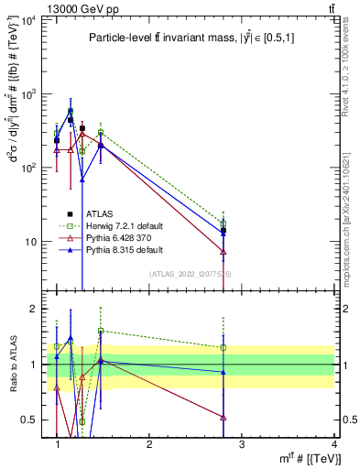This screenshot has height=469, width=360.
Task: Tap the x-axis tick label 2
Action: [x=150, y=444]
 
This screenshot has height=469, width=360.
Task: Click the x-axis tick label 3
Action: [x=242, y=444]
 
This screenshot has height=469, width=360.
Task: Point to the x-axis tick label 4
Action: [x=333, y=444]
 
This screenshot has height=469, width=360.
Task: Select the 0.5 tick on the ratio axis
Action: [x=30, y=420]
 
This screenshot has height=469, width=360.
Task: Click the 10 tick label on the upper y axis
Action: [x=29, y=242]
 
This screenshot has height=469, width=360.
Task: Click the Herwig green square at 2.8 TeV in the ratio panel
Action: [x=224, y=347]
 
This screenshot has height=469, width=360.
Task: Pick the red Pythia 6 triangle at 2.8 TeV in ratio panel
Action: [x=224, y=417]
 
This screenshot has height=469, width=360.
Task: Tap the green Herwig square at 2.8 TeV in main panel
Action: [x=224, y=224]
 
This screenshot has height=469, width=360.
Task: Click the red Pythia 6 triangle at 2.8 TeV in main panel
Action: [x=224, y=251]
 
